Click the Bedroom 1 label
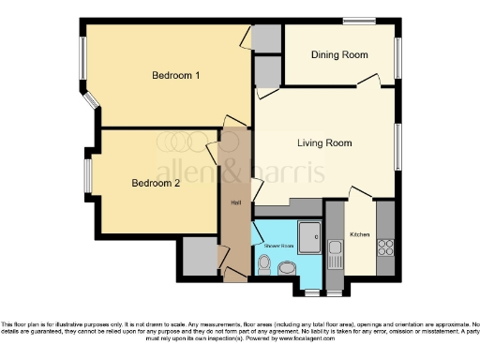(176, 75)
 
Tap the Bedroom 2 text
(156, 184)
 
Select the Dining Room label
(339, 55)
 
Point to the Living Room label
(324, 143)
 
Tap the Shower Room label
(278, 246)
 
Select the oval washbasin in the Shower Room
(287, 270)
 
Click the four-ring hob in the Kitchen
(384, 247)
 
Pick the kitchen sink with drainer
(335, 251)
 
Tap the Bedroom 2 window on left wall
(86, 175)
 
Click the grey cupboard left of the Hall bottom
(200, 256)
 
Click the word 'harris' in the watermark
(287, 172)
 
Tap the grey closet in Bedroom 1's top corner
(267, 38)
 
